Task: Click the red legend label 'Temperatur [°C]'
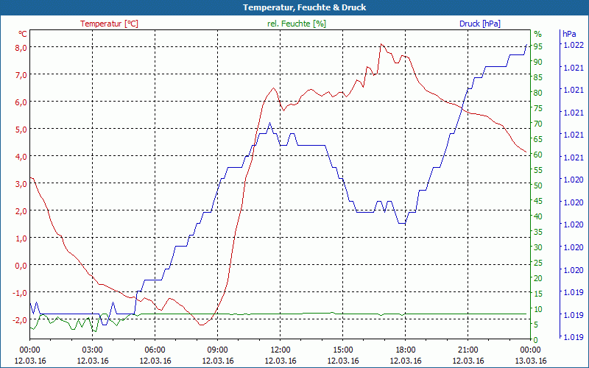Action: (x=109, y=24)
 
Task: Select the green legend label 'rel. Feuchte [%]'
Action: (x=296, y=24)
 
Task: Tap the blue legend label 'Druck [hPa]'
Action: (x=479, y=24)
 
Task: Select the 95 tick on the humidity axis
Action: (x=538, y=46)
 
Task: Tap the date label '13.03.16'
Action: (x=530, y=361)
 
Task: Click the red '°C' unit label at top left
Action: (x=23, y=34)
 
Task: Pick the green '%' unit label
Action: (x=537, y=34)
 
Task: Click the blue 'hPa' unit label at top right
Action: (x=569, y=34)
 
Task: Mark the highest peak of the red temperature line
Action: (x=381, y=44)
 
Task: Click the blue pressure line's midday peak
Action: (x=269, y=124)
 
